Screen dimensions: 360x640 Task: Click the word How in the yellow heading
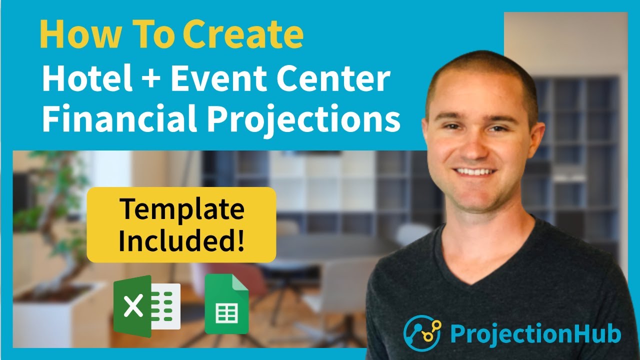pos(74,34)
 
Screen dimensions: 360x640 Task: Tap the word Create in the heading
pos(243,34)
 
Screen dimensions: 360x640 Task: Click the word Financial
pos(119,119)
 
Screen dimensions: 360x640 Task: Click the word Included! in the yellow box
pos(182,241)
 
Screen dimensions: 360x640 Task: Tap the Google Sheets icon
pos(226,304)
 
